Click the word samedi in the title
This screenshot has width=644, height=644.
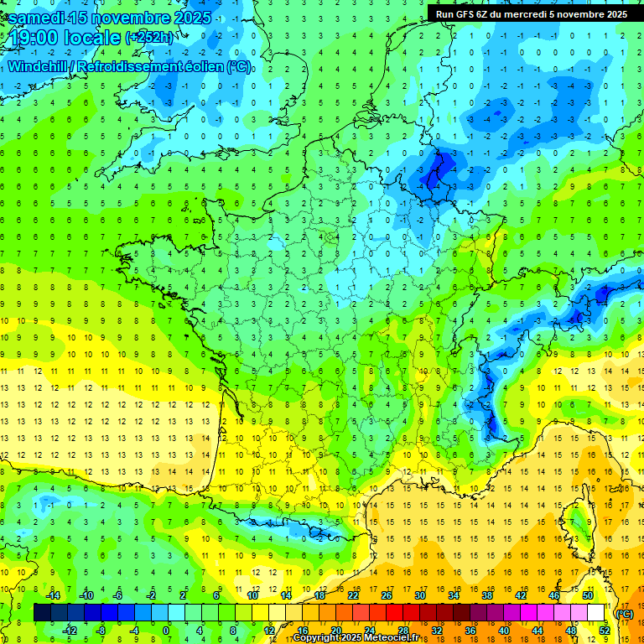pos(36,18)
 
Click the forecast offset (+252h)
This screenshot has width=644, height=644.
pos(150,37)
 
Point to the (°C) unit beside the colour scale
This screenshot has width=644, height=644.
pos(624,614)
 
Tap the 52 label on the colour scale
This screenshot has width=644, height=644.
pos(605,630)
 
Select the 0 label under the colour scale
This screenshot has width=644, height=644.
pos(166,630)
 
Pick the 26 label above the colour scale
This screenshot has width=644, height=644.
pos(387,595)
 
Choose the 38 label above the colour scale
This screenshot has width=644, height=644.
pos(487,595)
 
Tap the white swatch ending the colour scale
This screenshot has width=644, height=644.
pos(596,612)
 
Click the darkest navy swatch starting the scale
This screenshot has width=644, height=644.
pos(42,612)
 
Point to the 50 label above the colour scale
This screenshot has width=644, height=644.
pos(588,595)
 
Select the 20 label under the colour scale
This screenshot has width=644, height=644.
pos(336,630)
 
